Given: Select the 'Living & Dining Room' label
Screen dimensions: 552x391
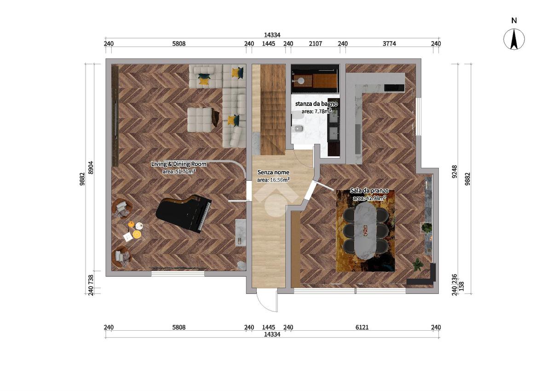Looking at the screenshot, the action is coord(179,164).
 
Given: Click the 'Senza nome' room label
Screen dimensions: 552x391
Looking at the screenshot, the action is coord(273,172).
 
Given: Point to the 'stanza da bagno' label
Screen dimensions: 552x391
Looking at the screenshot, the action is coord(316,103).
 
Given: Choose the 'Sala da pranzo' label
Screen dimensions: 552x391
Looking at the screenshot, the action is coord(369,190).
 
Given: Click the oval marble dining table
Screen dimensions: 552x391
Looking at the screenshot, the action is coord(365,230).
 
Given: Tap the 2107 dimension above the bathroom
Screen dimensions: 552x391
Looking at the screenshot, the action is coord(316,44).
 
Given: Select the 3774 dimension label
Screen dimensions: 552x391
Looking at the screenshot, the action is coord(389,44).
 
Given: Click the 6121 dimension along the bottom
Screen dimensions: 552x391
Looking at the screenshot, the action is coord(362,327).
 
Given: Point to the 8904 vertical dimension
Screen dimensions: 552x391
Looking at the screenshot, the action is coord(91,167).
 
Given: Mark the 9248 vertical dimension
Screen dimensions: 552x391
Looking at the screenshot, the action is coord(454,172).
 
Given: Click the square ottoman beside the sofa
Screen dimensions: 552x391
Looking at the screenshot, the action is coord(200,120).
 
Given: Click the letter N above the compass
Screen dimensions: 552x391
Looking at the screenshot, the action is coord(514,20).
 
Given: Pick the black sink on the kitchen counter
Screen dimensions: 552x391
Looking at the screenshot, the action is coord(394,88).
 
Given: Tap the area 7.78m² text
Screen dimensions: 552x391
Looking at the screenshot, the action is coord(316,111).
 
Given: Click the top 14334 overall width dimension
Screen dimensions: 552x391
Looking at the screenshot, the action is coord(272,35).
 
